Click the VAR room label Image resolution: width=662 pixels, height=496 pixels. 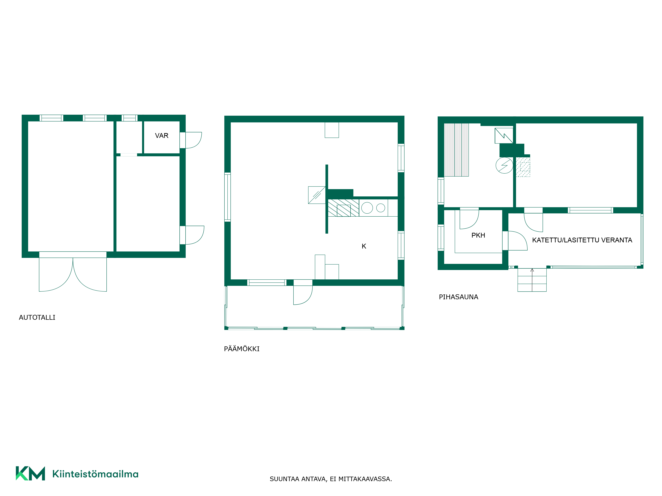point(162,136)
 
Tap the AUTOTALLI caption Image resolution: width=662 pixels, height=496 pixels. point(37,317)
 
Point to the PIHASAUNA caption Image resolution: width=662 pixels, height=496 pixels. point(458,297)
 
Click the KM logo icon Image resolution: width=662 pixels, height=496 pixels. point(30,473)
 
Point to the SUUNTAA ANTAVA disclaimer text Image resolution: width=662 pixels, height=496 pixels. point(331,479)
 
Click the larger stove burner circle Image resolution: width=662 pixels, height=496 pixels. point(367,208)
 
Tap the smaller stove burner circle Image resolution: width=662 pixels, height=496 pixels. point(381,208)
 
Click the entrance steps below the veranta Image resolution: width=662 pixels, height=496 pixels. point(532,280)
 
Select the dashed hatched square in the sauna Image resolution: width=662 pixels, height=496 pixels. point(523,167)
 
